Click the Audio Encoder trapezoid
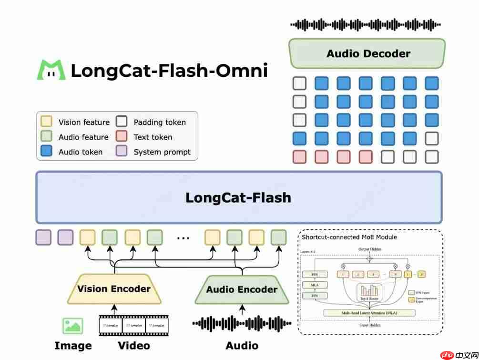point(242,290)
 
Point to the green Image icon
point(72,326)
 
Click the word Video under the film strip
point(133,346)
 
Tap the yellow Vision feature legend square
point(47,122)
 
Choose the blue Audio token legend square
point(47,152)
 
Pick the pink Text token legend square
point(122,137)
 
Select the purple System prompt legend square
point(122,152)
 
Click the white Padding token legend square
point(122,122)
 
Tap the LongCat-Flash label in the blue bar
point(238,197)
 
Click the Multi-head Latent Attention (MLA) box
point(369,313)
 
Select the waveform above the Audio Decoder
point(366,25)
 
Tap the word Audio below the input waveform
point(242,346)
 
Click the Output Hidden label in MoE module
point(369,249)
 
